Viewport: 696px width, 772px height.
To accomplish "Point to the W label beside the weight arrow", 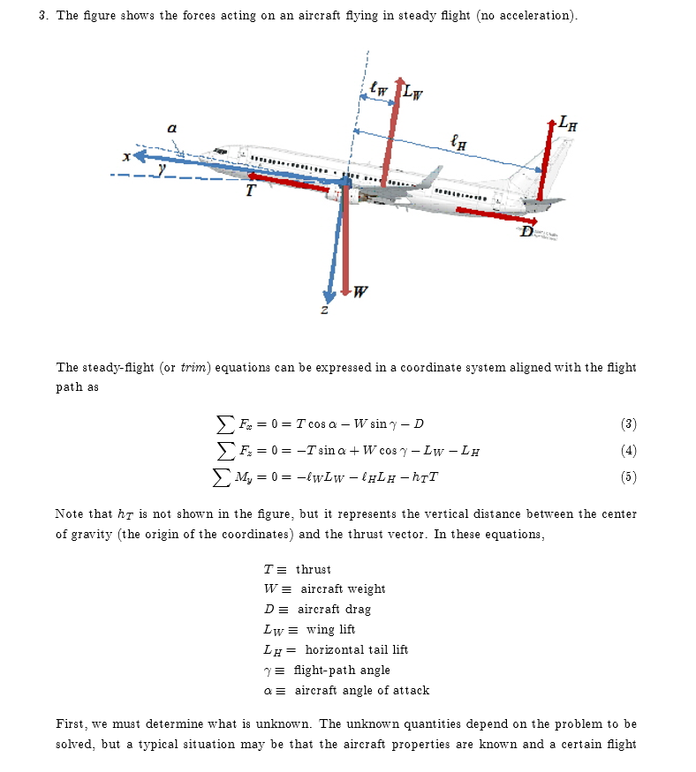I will click(x=360, y=292).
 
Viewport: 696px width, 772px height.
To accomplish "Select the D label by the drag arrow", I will click(x=526, y=232).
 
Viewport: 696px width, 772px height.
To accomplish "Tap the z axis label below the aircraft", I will click(x=324, y=310).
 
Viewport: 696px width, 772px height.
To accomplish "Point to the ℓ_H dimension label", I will click(x=458, y=140).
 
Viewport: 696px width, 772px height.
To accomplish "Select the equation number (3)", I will click(x=628, y=423).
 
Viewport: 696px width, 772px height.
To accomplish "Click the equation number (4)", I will click(x=628, y=451).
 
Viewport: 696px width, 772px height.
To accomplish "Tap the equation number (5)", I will click(x=628, y=477).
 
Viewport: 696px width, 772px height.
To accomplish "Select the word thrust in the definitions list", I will click(x=314, y=569).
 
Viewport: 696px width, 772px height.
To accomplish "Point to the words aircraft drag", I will click(x=334, y=609).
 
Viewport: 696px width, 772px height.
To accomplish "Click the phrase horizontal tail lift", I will click(x=356, y=649).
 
